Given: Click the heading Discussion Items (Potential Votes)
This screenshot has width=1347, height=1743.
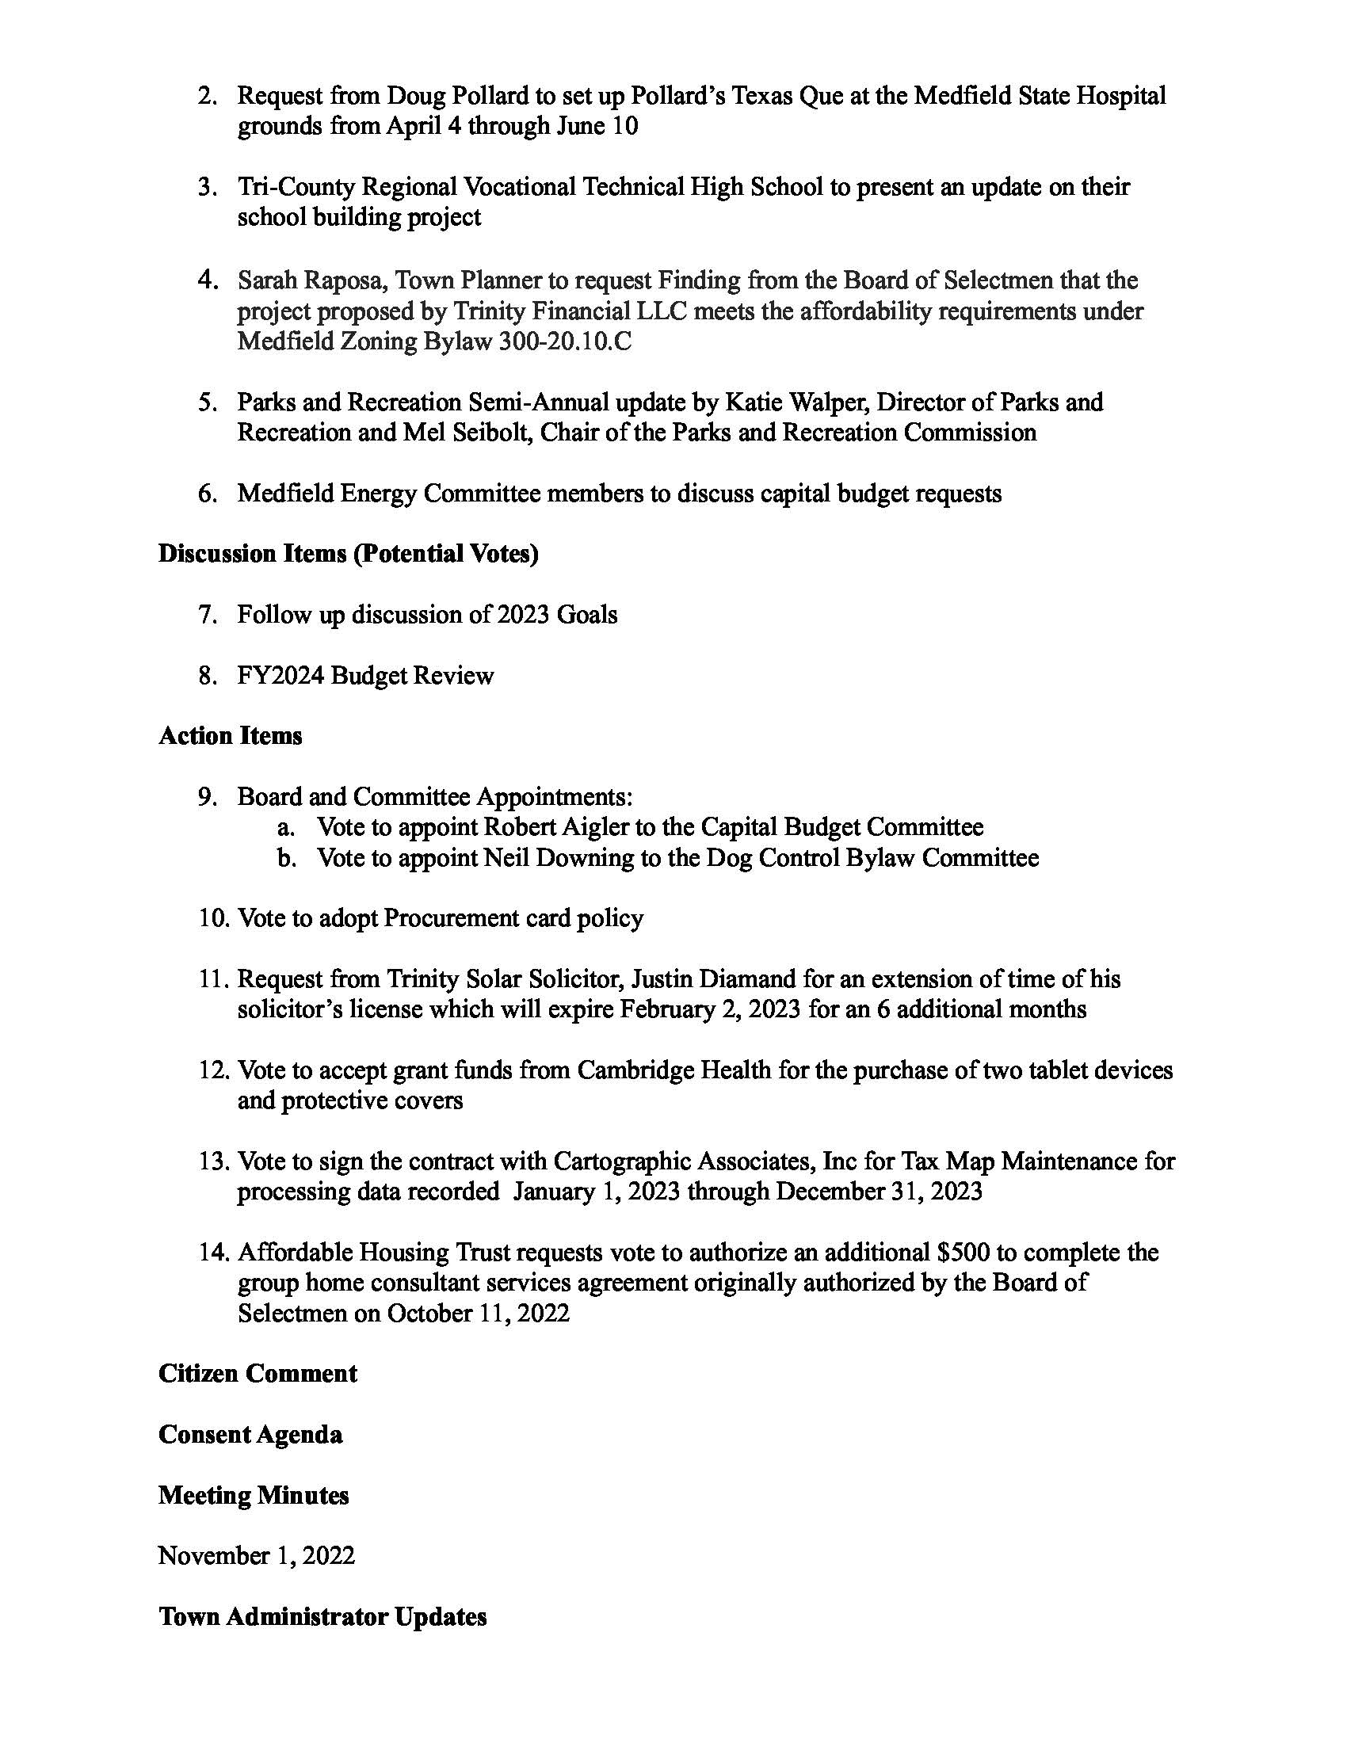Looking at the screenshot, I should point(348,554).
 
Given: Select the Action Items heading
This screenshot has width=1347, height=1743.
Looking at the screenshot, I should point(231,736).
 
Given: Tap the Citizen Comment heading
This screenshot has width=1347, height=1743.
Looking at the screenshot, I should point(258,1374).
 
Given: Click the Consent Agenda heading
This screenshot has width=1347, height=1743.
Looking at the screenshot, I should point(250,1434).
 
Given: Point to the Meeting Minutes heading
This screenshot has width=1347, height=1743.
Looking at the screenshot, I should point(254,1495).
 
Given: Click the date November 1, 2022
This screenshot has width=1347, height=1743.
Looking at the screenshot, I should point(256,1555).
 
